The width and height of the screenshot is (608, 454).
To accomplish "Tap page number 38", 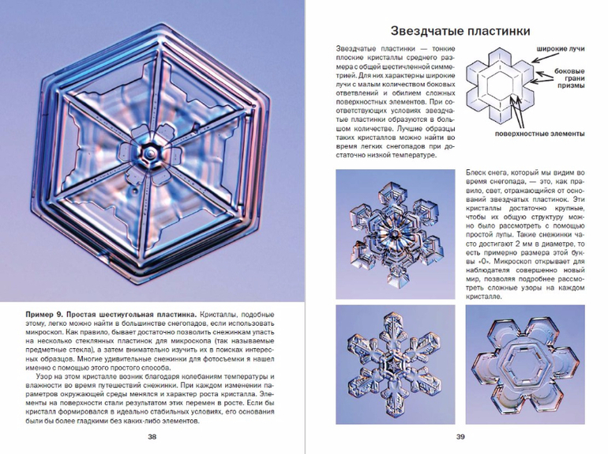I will click(152, 436).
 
